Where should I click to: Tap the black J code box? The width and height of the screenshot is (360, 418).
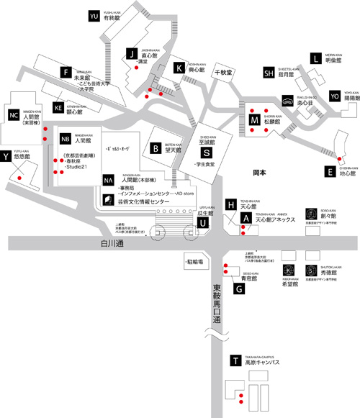point(131,53)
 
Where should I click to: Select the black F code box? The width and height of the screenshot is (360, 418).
point(66,73)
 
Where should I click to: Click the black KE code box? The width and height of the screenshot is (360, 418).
point(59,108)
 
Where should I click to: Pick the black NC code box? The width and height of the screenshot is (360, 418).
point(13,115)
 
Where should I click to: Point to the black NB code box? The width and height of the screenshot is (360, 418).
point(65,138)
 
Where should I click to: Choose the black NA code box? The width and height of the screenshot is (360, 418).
point(108,179)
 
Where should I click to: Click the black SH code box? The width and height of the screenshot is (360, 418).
point(269,73)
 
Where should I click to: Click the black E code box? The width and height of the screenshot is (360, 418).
point(329,172)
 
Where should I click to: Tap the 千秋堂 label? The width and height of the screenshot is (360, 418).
point(226,73)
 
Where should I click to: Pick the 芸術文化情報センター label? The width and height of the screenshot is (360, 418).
point(140,202)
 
